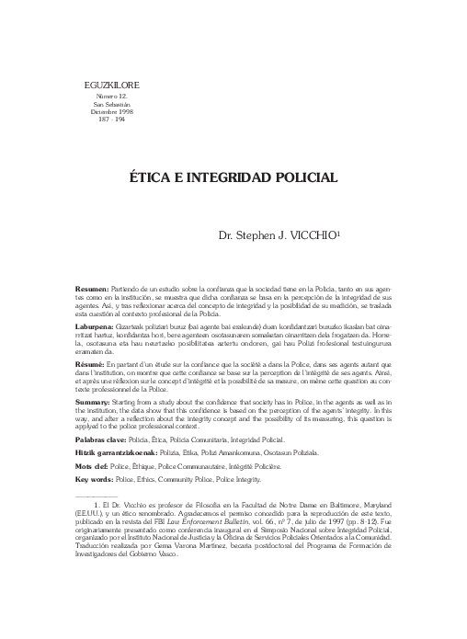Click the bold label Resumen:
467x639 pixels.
[x=91, y=289]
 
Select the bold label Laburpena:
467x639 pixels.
[x=96, y=326]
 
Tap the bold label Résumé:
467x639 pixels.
[x=91, y=364]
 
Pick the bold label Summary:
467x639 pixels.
[x=94, y=402]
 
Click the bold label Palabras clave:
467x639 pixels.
[x=104, y=441]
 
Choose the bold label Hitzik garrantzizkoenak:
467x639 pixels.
[x=120, y=454]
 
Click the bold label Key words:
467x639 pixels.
[x=97, y=480]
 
